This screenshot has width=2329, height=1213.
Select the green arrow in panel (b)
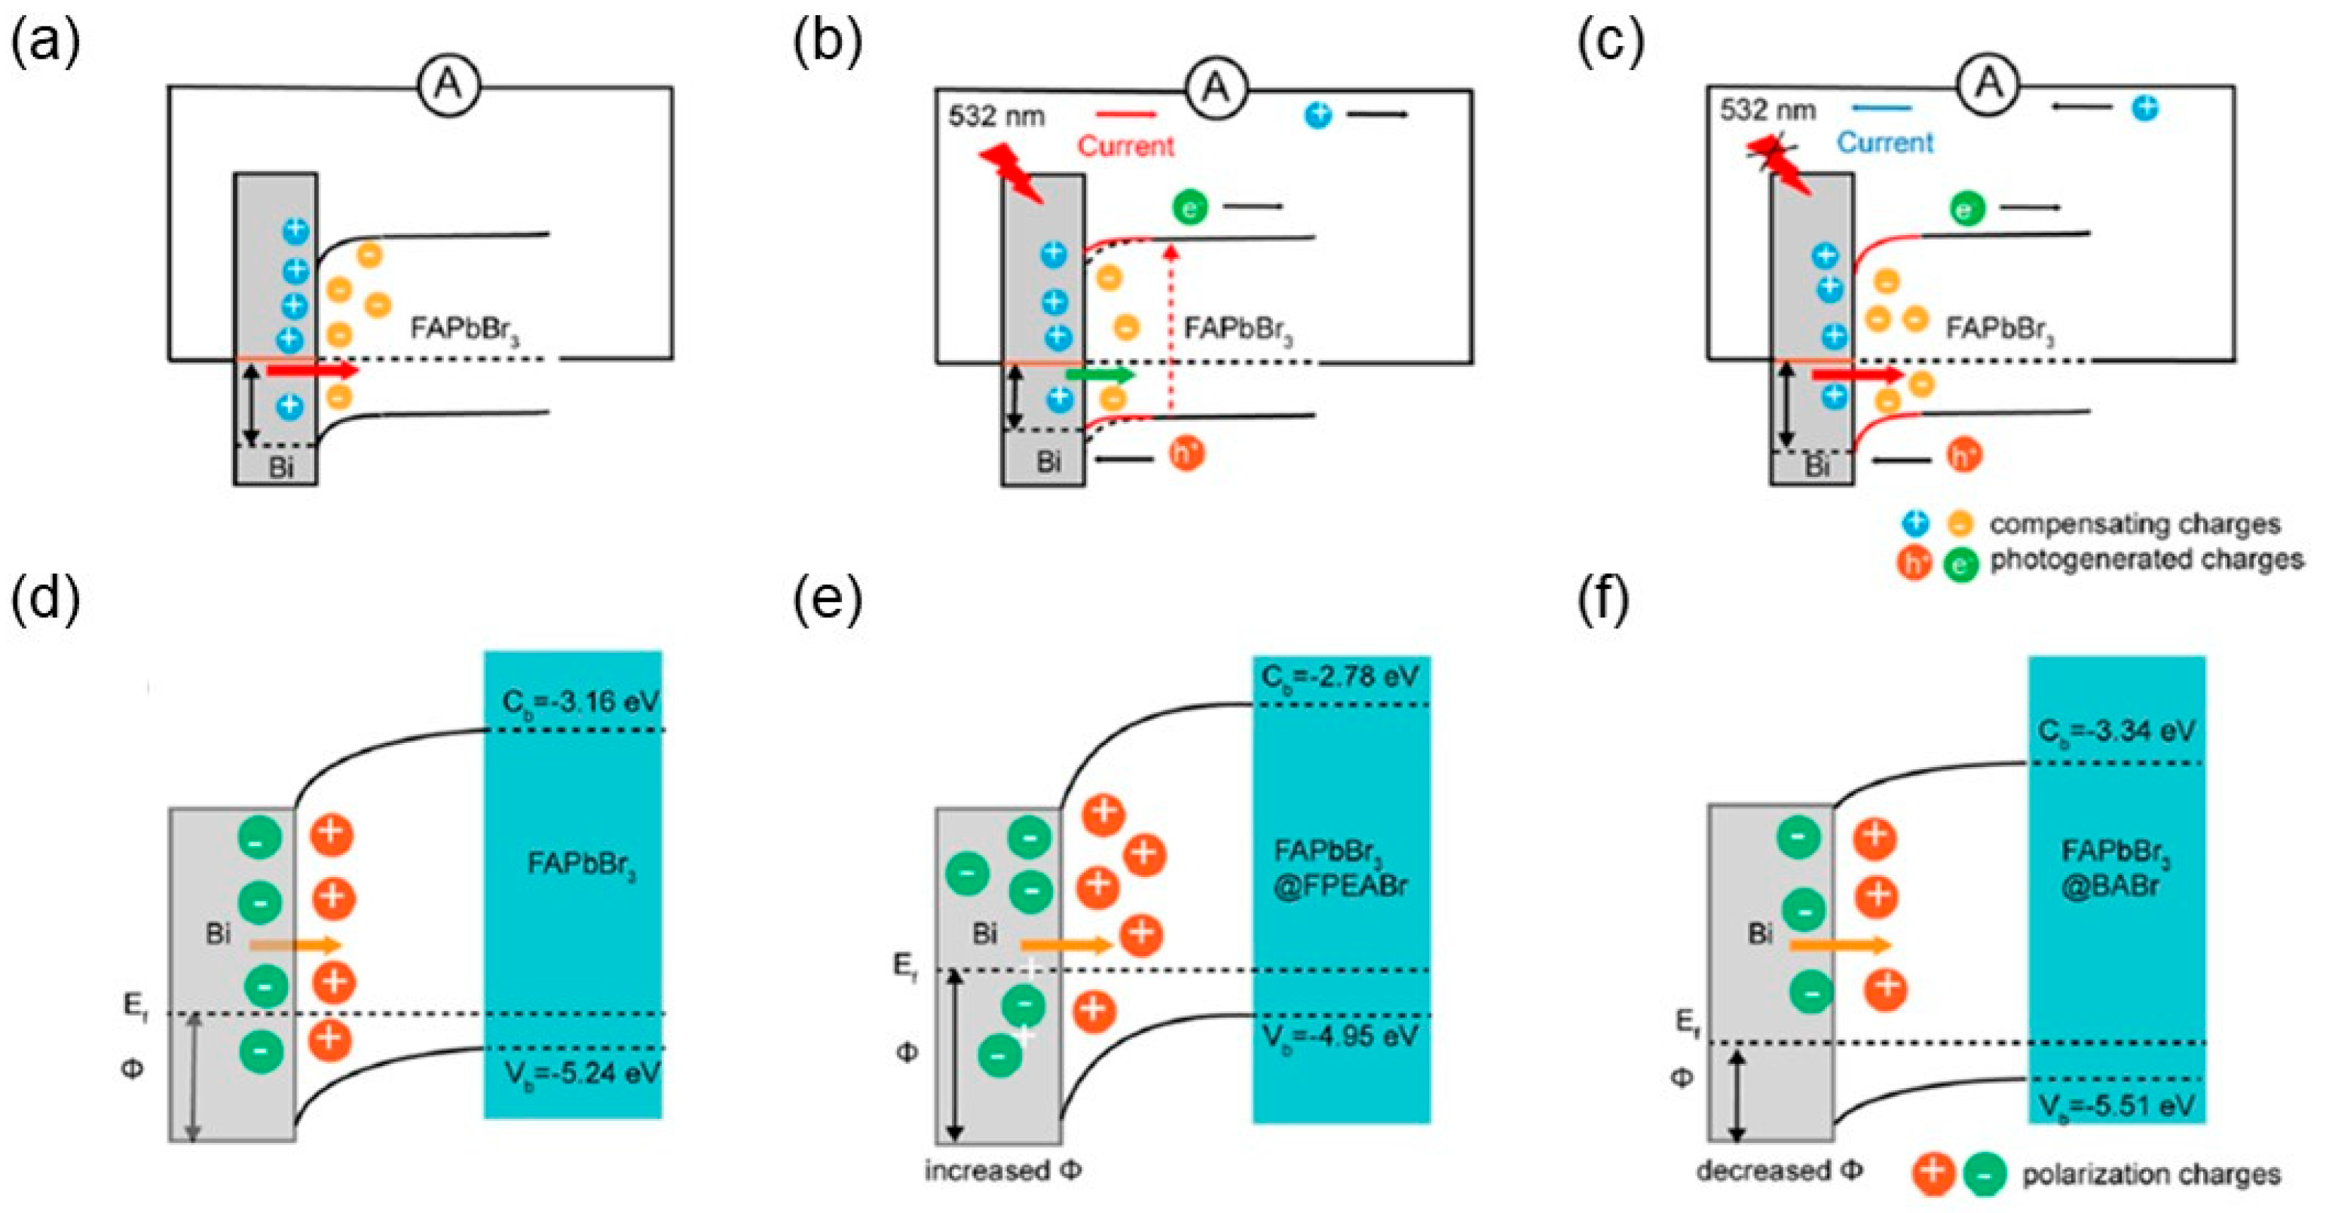(x=1100, y=373)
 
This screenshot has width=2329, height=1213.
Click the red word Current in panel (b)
(x=1125, y=146)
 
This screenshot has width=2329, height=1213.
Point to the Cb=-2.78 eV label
(x=1340, y=676)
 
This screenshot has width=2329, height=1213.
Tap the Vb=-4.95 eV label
(x=1340, y=1036)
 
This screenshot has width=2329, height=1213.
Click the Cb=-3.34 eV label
(x=2116, y=730)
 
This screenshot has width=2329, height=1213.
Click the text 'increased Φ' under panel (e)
(x=1002, y=1171)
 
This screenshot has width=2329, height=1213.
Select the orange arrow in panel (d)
(x=295, y=946)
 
